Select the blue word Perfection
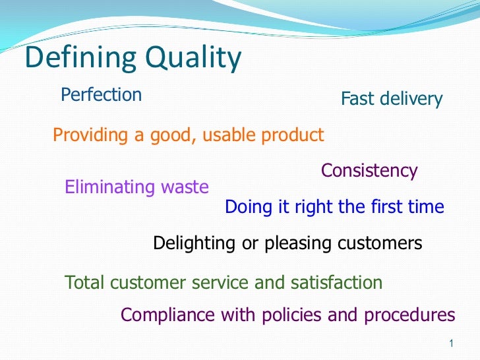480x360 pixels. click(101, 95)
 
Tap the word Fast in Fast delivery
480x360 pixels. click(357, 100)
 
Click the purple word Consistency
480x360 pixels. click(369, 171)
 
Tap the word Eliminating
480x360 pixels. click(109, 188)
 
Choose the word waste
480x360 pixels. click(185, 188)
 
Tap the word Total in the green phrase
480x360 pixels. click(86, 283)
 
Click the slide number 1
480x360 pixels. click(450, 344)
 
